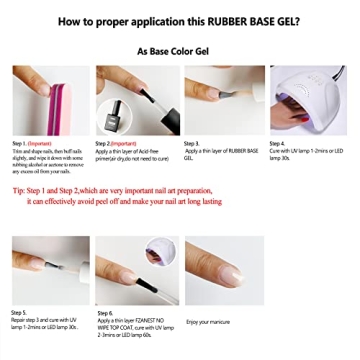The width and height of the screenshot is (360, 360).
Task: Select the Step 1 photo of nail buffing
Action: (47, 100)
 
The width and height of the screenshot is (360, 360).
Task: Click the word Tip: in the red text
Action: (20, 190)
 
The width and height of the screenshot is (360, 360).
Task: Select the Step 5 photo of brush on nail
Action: (47, 273)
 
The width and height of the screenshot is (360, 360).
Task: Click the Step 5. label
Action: (21, 313)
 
